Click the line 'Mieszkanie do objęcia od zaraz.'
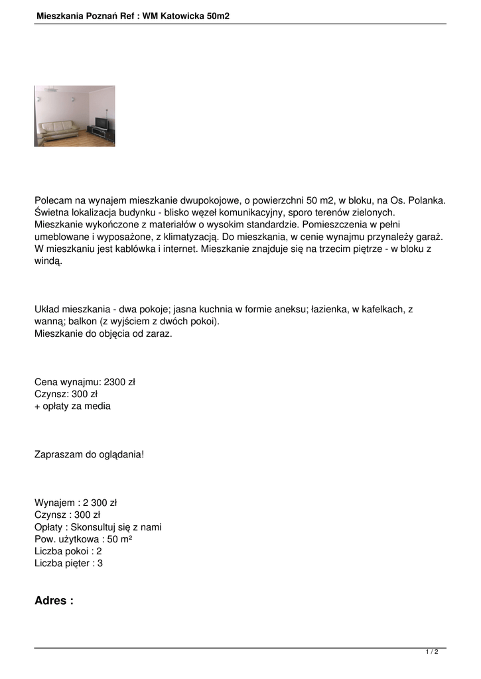(103, 334)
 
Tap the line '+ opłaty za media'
(72, 406)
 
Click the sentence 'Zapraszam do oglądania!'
(89, 454)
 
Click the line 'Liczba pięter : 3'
(68, 564)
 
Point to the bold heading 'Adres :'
(54, 601)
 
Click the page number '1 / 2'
(432, 652)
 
